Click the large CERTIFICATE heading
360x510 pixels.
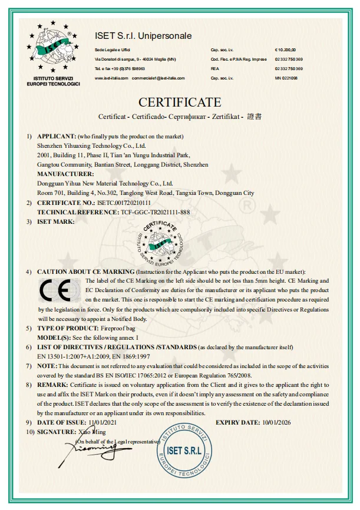point(180,102)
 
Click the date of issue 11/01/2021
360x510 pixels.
point(103,423)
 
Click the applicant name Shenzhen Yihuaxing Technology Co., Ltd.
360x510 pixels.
point(91,145)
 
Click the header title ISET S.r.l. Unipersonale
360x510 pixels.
point(143,36)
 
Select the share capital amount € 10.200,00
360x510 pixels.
point(286,51)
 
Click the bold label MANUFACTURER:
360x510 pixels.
point(65,174)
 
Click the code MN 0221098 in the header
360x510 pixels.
point(286,78)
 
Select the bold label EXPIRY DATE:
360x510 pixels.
point(237,423)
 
